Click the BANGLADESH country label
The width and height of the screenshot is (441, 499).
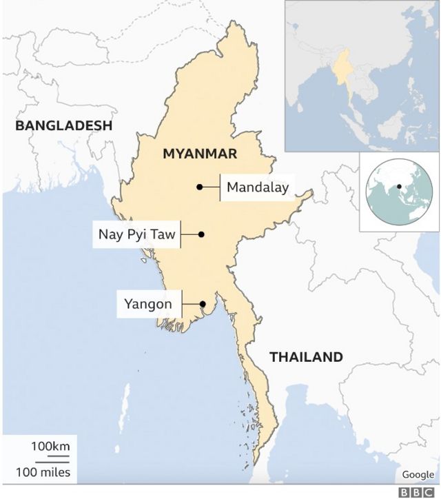(x=63, y=125)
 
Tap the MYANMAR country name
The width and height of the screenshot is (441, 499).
(x=200, y=154)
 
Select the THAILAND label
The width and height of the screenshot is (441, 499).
(x=306, y=357)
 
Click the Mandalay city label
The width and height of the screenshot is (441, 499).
(x=257, y=187)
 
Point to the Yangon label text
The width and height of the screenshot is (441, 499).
(x=147, y=303)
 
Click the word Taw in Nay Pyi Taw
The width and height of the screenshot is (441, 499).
(x=162, y=234)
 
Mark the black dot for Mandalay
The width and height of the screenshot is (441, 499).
(x=199, y=187)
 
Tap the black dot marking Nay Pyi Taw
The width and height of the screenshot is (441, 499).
(x=201, y=234)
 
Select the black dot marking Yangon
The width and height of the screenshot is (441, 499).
(x=203, y=304)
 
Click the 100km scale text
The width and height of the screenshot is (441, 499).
(x=50, y=447)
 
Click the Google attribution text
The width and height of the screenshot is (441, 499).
(x=418, y=474)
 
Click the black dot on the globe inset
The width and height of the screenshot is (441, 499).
(x=399, y=187)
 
